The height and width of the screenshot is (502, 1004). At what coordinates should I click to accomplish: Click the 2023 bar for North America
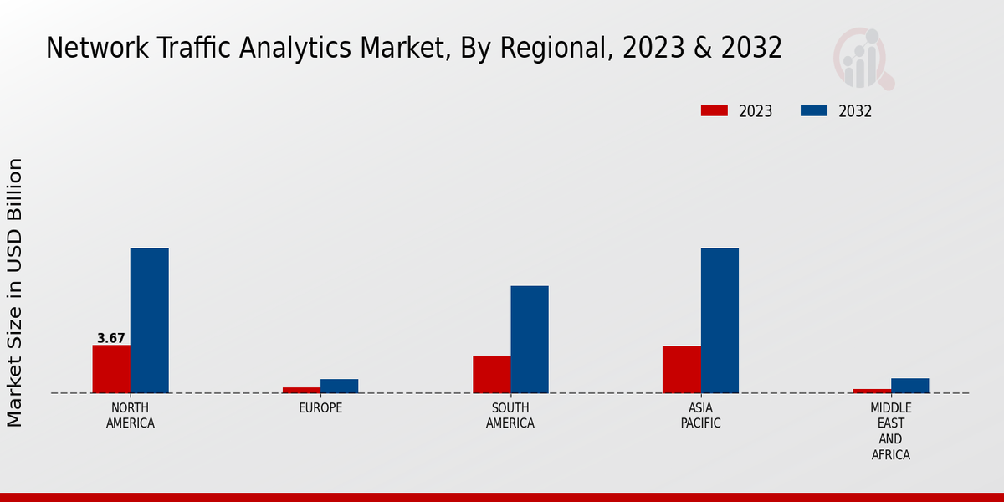111,369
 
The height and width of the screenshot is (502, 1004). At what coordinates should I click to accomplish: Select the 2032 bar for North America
150,320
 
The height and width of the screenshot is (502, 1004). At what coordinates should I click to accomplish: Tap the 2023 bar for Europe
301,390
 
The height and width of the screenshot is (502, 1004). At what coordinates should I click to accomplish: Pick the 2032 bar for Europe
339,386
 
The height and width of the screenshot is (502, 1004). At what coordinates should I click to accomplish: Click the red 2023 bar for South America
492,375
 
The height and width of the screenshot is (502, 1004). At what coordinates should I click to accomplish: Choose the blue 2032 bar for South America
530,340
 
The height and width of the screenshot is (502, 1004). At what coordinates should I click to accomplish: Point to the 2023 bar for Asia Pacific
682,369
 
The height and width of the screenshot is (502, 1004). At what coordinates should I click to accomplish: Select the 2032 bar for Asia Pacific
720,320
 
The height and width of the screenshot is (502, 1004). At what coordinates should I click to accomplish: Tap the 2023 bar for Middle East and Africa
872,391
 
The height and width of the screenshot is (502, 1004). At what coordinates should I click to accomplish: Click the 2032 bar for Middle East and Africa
909,386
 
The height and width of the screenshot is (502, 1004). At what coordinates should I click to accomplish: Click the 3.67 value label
111,339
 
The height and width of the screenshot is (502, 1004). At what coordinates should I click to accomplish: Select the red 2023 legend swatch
715,110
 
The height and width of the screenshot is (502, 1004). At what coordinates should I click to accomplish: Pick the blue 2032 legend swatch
814,110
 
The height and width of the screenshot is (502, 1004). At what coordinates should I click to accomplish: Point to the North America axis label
131,416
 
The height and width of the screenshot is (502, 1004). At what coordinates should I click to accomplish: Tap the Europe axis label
320,408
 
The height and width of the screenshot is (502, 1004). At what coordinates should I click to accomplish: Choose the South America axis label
510,416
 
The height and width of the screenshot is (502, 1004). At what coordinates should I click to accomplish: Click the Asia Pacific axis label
701,416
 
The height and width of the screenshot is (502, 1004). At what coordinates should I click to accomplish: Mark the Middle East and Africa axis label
891,432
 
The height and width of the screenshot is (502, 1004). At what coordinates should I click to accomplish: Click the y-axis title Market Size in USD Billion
15,292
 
